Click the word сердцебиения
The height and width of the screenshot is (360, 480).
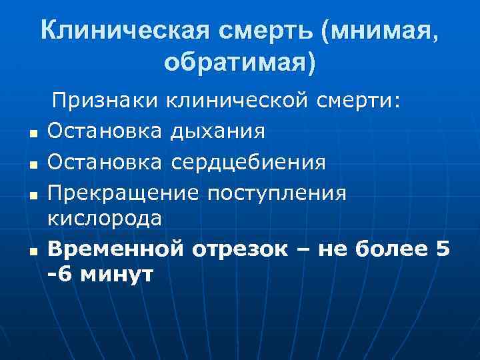pyautogui.click(x=248, y=161)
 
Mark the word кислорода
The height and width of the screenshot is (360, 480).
pyautogui.click(x=104, y=218)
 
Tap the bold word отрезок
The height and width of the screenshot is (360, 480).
pyautogui.click(x=240, y=249)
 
